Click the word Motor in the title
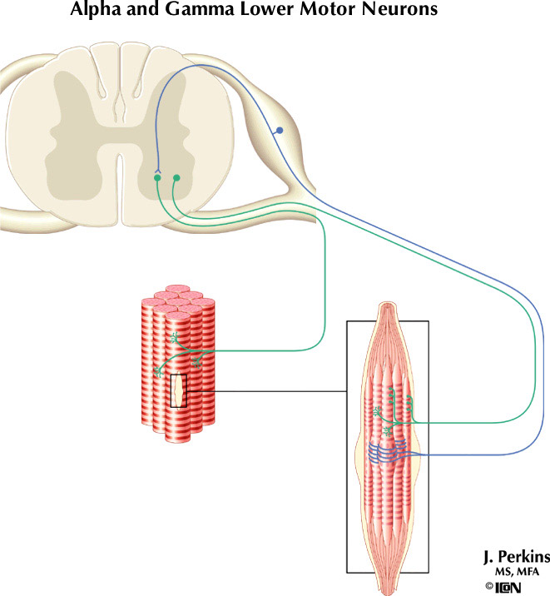(331, 11)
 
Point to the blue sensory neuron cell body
(280, 131)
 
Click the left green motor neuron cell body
(157, 177)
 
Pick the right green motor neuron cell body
(176, 177)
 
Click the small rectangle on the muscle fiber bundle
(178, 391)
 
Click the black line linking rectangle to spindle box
(266, 391)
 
